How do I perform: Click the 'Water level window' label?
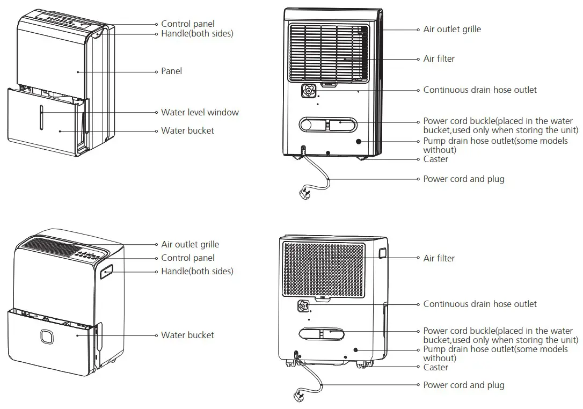click(200, 113)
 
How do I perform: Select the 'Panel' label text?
click(171, 71)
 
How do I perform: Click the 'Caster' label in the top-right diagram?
click(435, 159)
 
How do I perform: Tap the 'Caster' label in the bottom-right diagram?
click(435, 368)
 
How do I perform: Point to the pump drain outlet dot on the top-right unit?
click(358, 142)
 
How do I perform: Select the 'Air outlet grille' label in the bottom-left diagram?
click(190, 244)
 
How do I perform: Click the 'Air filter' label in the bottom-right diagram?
click(439, 258)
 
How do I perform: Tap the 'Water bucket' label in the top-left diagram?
click(187, 130)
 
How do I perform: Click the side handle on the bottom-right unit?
click(382, 253)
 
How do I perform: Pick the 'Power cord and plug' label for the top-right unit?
click(463, 179)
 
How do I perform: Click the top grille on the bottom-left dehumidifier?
click(48, 250)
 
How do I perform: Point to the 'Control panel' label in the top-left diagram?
click(187, 24)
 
